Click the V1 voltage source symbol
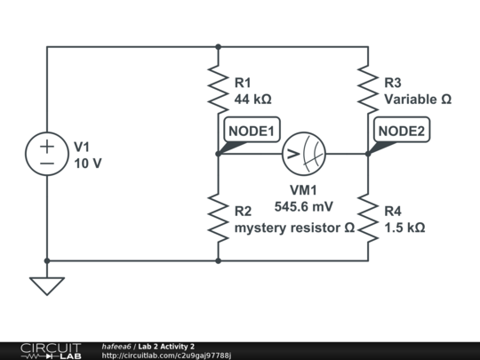pos(47,154)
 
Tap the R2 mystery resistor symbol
pos(218,218)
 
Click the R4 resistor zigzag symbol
pos(367,218)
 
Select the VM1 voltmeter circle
pos(303,154)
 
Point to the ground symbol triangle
pos(47,285)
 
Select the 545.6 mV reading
pos(303,205)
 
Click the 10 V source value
pos(87,164)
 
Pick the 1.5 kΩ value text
pos(404,228)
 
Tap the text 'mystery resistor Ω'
pos(294,228)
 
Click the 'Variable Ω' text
pos(417,100)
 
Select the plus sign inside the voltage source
pos(47,146)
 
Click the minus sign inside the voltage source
pos(47,163)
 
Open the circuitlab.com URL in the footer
pos(166,356)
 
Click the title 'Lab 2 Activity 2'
pos(166,346)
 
